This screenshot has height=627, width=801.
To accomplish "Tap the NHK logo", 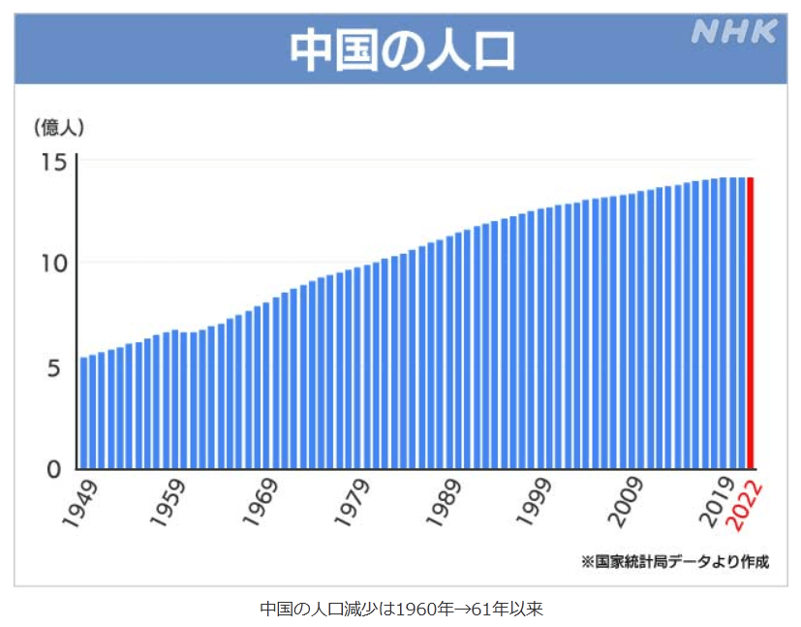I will pos(733,32).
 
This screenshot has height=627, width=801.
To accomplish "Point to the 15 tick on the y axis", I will pos(53,160).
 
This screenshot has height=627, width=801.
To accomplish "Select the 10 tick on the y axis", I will pos(53,263).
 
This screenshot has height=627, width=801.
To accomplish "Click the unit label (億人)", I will pos(60,126).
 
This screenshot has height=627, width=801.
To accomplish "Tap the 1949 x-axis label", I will pos(80,504).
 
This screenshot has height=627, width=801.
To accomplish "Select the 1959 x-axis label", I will pos(171,504).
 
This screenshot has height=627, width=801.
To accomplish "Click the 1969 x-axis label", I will pos(262,504).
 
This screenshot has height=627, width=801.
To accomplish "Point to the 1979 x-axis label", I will pos(354,504).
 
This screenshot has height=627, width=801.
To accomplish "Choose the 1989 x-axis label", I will pos(445,504).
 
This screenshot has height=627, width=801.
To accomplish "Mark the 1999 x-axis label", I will pos(536,504).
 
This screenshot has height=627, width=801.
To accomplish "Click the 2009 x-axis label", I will pos(627,504).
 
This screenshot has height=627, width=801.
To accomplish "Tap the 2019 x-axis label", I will pos(718,504).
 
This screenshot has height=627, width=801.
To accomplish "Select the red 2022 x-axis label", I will pos(747,506).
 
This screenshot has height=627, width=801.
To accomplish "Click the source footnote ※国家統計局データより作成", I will pos(674,561).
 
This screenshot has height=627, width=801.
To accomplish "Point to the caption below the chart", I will pos(401,609).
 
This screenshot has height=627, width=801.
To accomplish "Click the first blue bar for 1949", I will pos(84,413).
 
